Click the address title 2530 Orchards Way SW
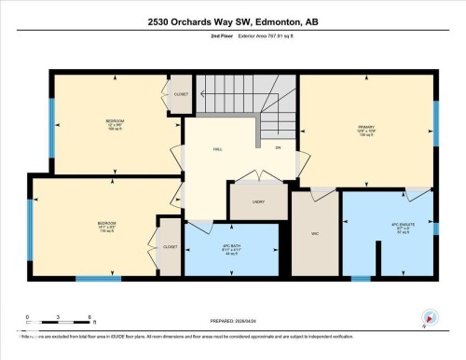tap(232, 21)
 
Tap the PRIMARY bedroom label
tap(365, 127)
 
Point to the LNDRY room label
tap(258, 201)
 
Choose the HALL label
tap(217, 147)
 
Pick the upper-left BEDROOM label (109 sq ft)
tap(115, 122)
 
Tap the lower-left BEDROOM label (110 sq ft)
tap(106, 224)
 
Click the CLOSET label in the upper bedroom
tap(181, 94)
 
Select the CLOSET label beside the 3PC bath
tap(170, 246)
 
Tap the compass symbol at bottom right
tap(429, 318)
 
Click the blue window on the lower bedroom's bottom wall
tap(99, 278)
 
